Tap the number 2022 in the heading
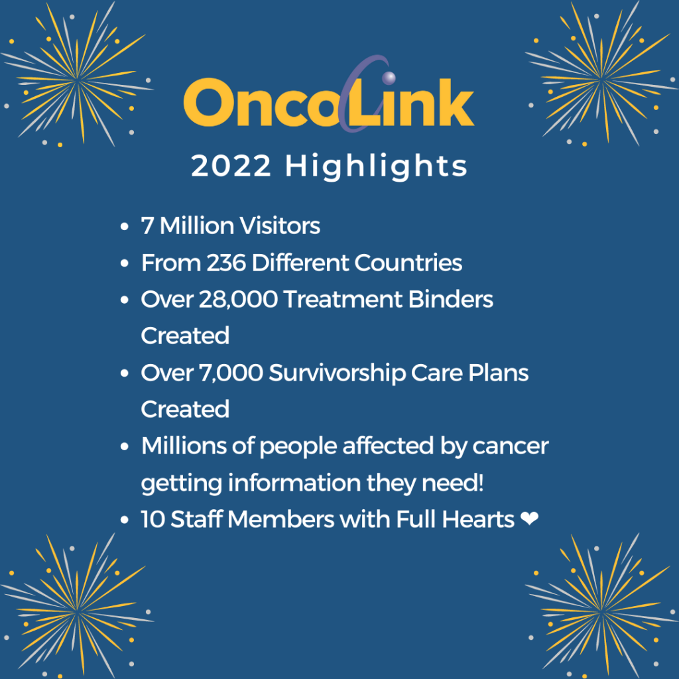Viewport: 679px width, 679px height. (231, 165)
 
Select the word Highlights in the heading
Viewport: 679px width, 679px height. (377, 166)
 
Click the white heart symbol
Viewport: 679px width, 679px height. (529, 519)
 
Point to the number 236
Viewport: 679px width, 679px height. (226, 263)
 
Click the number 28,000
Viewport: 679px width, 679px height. (238, 300)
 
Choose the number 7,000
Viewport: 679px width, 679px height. (231, 373)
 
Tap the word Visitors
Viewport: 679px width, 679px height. (280, 225)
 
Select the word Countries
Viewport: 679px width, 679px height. (408, 263)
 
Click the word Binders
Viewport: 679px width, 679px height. (450, 300)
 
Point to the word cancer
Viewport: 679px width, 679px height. (511, 447)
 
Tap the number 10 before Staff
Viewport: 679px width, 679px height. (153, 519)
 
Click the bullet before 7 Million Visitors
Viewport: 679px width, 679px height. (124, 227)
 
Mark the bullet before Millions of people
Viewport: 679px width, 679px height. (124, 447)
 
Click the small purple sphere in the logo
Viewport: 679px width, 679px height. (389, 78)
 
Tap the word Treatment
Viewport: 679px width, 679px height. (343, 300)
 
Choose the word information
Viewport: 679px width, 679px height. (294, 483)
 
